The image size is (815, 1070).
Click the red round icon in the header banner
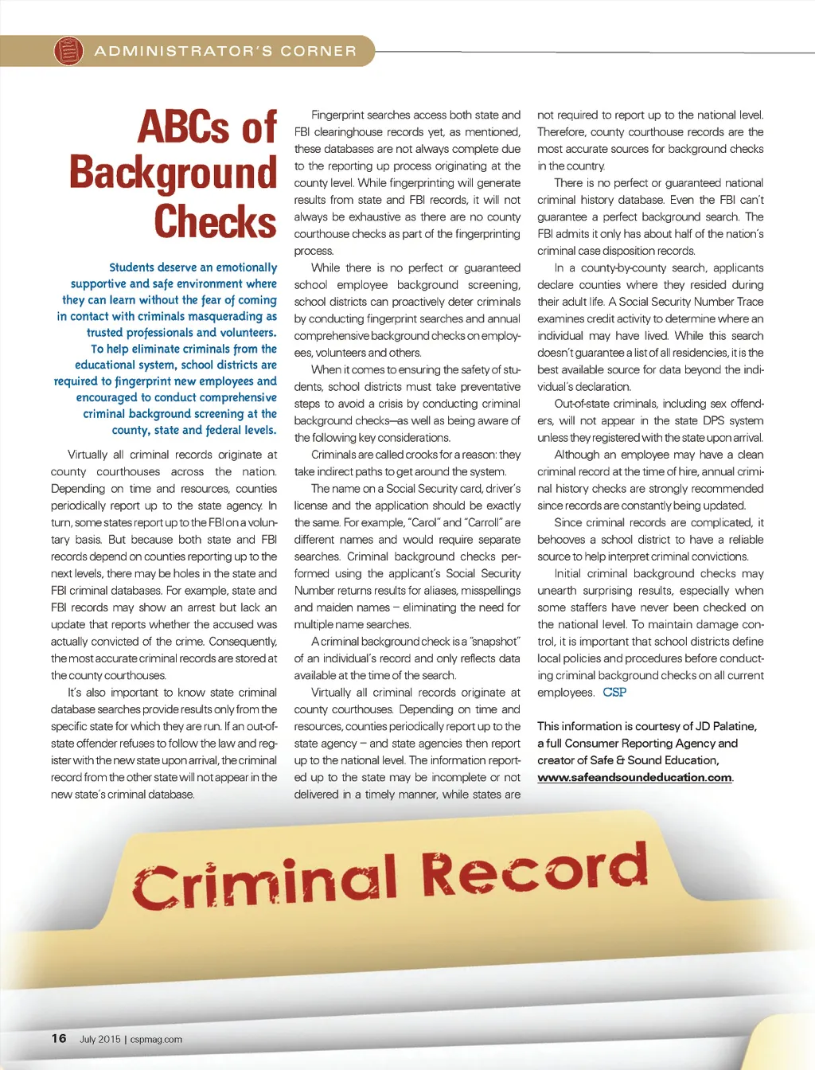(x=68, y=51)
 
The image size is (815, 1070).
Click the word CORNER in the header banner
(x=318, y=51)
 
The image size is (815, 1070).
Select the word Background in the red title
(x=173, y=174)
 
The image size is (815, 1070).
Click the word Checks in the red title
(x=215, y=221)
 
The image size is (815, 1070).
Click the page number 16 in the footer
(x=59, y=1038)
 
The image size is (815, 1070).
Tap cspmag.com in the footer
(x=156, y=1039)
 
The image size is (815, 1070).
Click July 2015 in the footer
(x=99, y=1039)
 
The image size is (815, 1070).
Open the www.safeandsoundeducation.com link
(x=634, y=777)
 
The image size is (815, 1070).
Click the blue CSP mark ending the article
(x=614, y=692)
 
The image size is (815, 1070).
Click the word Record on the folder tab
(x=534, y=869)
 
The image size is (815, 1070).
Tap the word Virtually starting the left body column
(x=88, y=455)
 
